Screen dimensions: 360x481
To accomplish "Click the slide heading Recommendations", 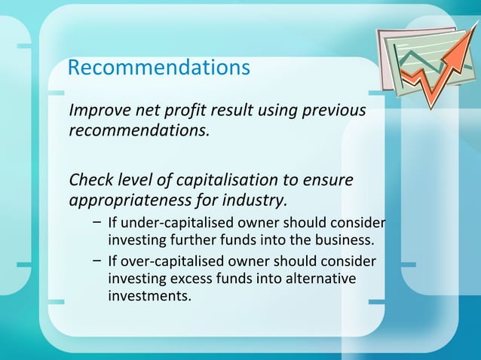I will pyautogui.click(x=158, y=68).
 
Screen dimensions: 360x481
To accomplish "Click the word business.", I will pyautogui.click(x=345, y=241).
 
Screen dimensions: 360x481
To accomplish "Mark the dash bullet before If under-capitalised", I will pyautogui.click(x=98, y=224).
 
